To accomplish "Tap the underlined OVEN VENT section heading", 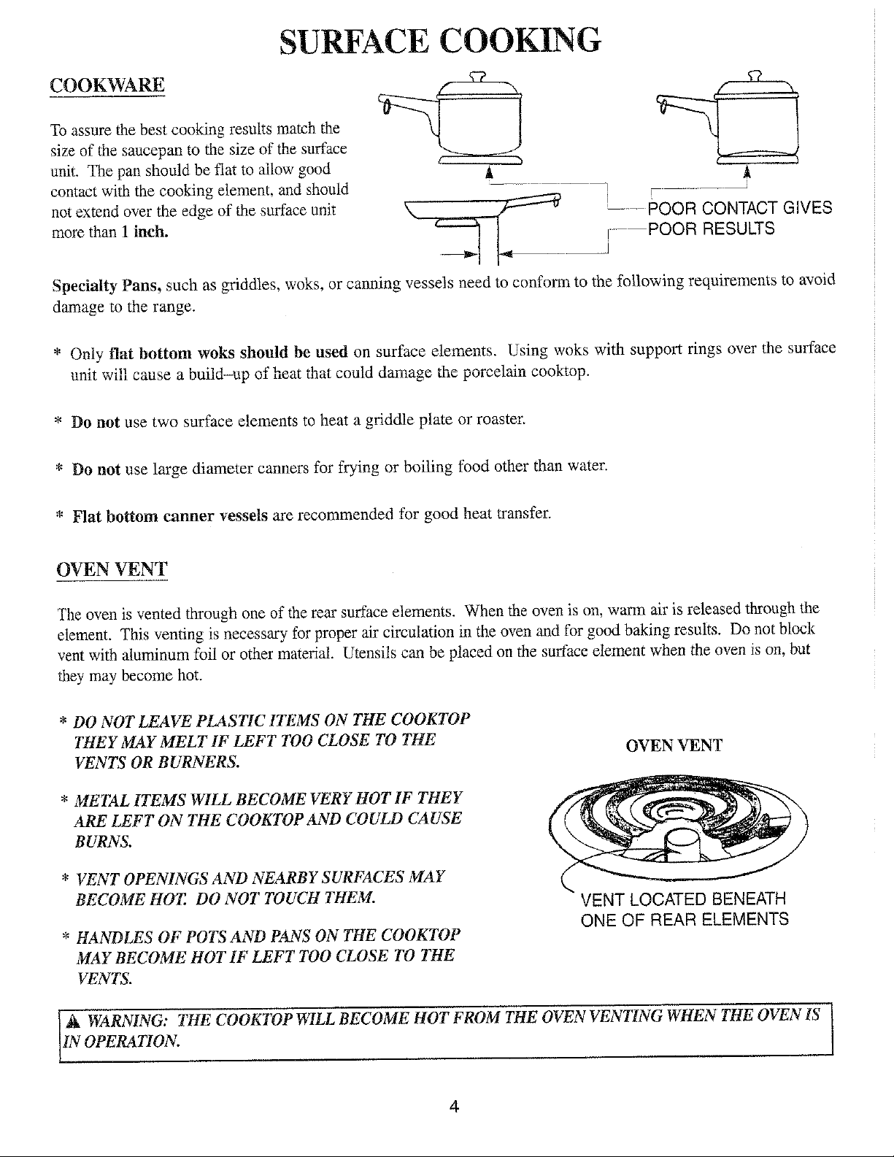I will click(x=112, y=569).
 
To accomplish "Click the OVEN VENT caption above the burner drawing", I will click(x=674, y=745).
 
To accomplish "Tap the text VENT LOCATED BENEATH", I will click(x=682, y=899).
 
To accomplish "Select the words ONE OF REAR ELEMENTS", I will click(x=685, y=919).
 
